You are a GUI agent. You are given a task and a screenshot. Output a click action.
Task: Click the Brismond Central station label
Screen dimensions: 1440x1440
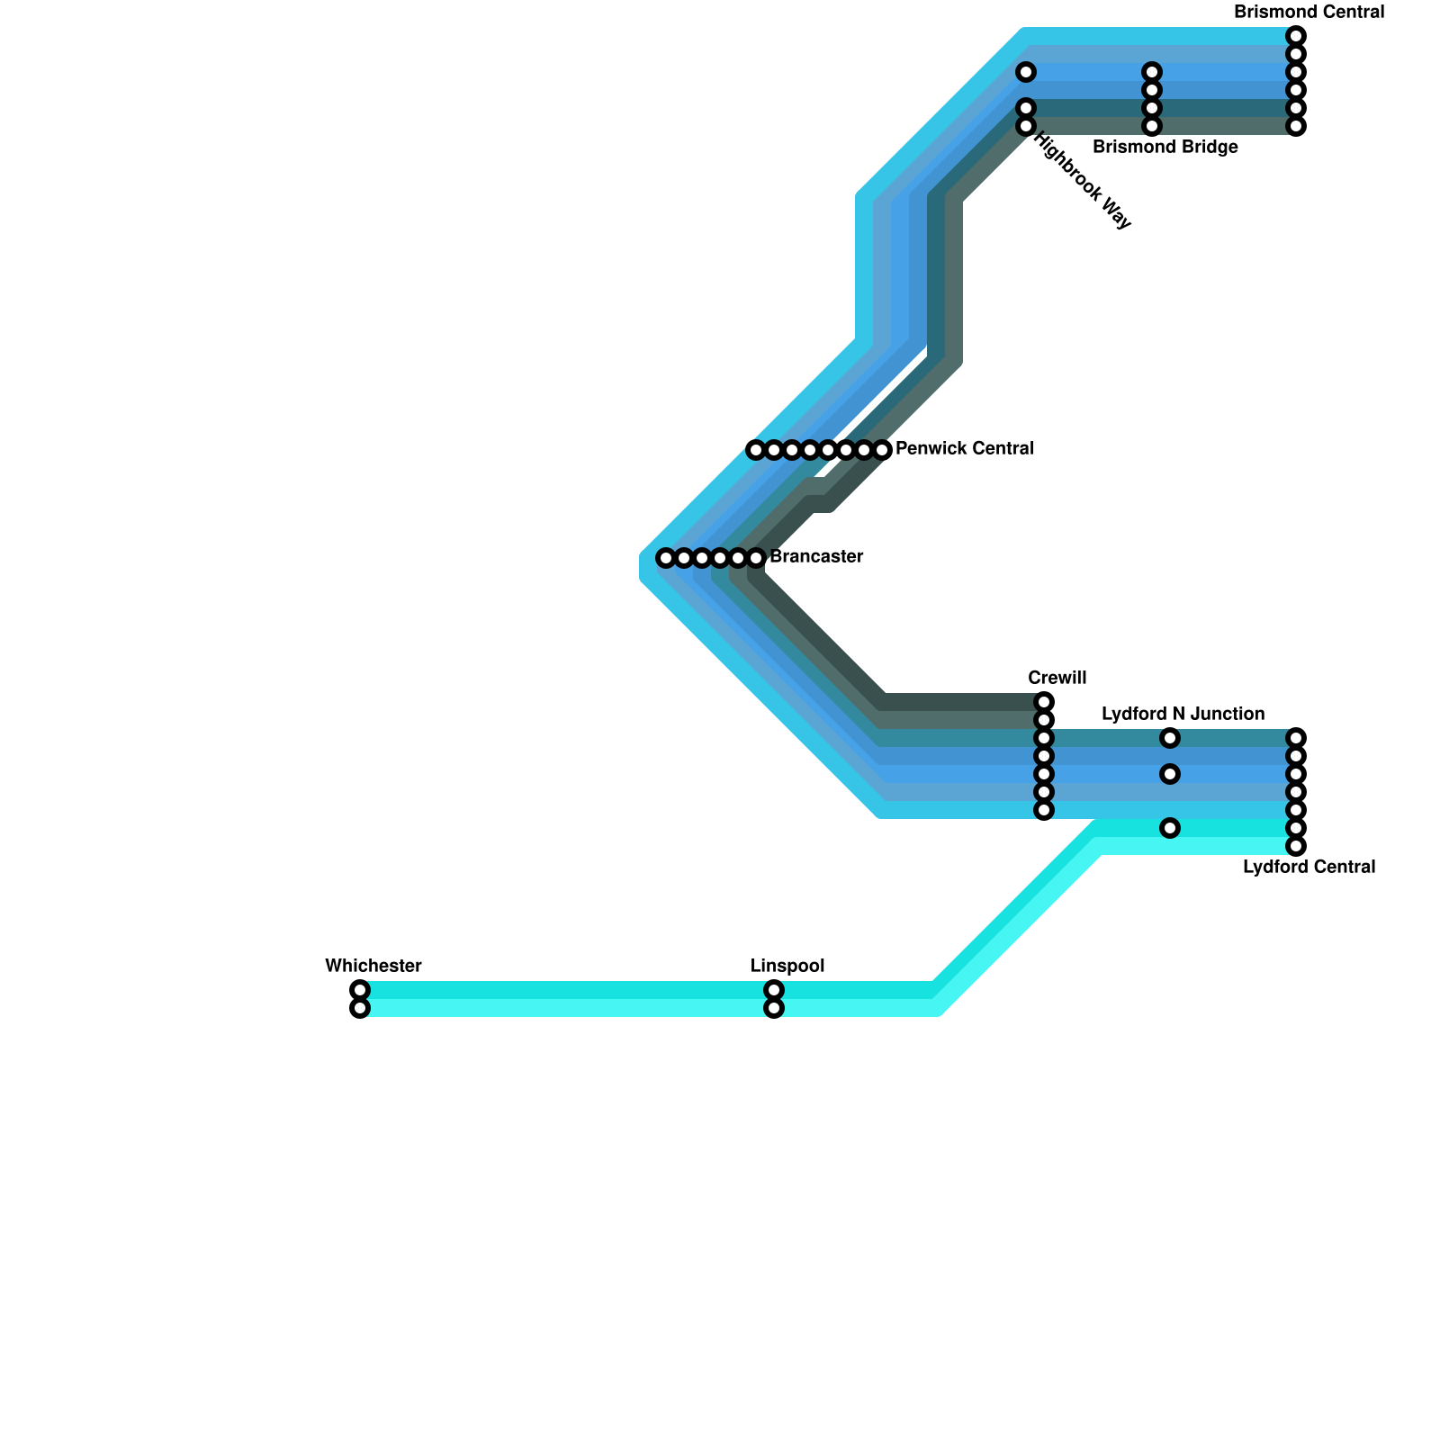1309,13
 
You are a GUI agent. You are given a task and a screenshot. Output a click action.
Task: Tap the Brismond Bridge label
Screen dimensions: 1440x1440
1165,148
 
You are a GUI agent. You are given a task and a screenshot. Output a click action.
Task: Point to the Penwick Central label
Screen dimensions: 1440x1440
964,448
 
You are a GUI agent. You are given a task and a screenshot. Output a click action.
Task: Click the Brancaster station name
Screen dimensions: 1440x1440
816,556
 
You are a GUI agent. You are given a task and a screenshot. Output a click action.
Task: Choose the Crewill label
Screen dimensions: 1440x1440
1057,678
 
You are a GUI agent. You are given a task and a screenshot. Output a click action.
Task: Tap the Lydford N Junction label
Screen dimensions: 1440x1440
1183,714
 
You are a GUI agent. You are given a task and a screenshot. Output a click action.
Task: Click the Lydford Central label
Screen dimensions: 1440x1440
1309,867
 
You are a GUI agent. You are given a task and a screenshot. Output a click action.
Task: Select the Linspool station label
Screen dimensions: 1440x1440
787,966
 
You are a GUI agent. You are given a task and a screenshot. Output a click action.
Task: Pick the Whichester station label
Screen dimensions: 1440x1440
373,966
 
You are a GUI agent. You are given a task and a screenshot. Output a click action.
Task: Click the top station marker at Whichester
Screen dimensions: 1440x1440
360,990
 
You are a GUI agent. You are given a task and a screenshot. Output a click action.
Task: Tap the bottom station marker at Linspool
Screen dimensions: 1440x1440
774,1008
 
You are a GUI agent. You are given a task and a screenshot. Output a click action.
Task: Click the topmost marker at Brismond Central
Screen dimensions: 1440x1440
1296,36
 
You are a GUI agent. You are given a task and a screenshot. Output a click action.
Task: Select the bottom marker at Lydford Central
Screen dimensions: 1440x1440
1296,846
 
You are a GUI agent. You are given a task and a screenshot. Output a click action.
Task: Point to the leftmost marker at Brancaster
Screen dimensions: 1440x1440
666,558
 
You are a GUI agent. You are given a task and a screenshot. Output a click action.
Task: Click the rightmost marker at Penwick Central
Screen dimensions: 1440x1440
882,449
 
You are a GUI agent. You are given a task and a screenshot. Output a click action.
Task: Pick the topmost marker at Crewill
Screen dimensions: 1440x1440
1044,702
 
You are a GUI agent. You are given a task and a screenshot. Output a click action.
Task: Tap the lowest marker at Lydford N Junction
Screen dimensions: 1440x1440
1170,828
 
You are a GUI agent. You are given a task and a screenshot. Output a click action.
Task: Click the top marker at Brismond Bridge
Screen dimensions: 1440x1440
1152,72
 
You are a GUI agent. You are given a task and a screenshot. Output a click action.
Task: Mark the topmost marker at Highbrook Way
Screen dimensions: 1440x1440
1026,72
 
